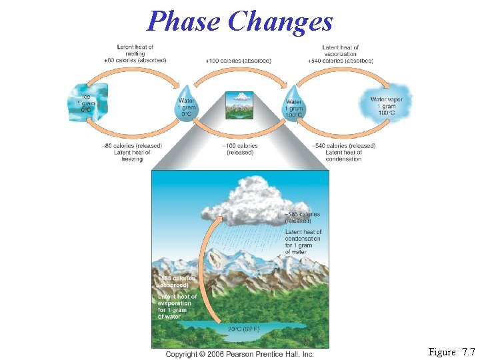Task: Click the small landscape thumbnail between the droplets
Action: tap(239, 105)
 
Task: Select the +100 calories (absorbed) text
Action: tap(239, 61)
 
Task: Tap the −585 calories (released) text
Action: tap(303, 217)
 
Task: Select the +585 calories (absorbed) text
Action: tap(176, 281)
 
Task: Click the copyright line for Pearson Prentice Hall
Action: tap(239, 354)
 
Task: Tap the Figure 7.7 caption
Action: tap(451, 351)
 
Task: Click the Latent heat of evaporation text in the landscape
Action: tap(177, 306)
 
